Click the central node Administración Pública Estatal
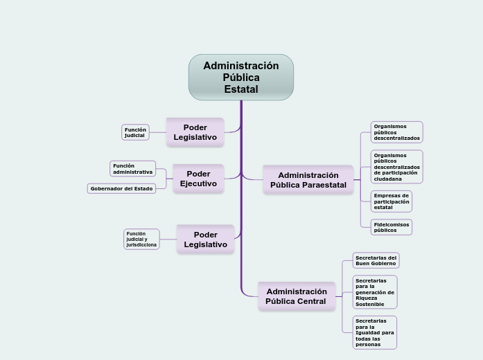241,77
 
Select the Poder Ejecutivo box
198,179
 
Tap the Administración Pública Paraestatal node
308,180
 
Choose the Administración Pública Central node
296,296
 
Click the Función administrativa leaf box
133,168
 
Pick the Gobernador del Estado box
121,188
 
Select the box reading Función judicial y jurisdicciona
141,239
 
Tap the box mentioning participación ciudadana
396,167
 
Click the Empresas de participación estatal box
392,201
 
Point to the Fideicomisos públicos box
392,227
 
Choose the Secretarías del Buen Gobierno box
376,260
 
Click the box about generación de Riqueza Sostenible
374,292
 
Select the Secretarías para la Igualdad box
374,332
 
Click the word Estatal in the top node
241,89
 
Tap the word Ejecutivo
198,183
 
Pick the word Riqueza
367,298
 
